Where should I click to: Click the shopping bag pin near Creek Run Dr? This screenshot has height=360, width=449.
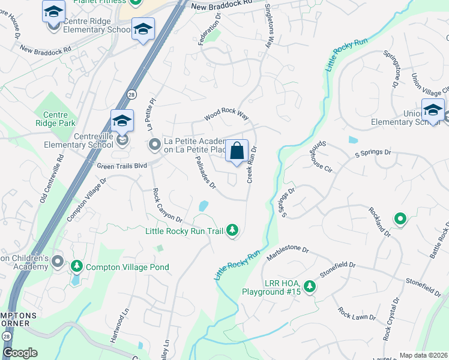pyautogui.click(x=237, y=151)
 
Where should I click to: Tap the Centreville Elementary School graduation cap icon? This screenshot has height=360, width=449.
pyautogui.click(x=122, y=121)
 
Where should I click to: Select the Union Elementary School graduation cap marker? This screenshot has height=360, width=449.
pyautogui.click(x=433, y=110)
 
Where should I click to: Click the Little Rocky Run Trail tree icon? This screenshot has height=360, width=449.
pyautogui.click(x=232, y=230)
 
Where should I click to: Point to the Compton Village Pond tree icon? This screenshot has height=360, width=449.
pyautogui.click(x=76, y=266)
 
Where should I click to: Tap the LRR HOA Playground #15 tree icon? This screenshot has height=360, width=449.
pyautogui.click(x=309, y=286)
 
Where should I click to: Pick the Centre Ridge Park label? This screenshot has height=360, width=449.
pyautogui.click(x=55, y=118)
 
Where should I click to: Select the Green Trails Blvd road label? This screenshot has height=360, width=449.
pyautogui.click(x=122, y=165)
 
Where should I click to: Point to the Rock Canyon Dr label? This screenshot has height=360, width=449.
pyautogui.click(x=163, y=205)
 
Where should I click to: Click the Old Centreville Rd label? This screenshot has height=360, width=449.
pyautogui.click(x=52, y=181)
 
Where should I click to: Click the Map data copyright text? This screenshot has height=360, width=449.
pyautogui.click(x=423, y=355)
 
